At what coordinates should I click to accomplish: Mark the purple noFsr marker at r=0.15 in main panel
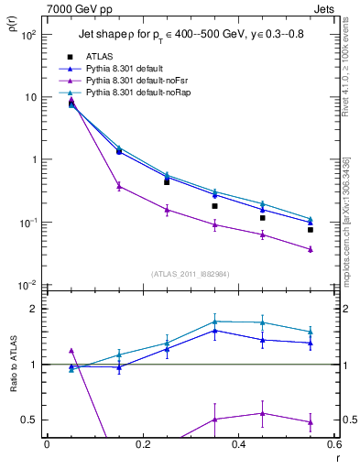click(x=118, y=186)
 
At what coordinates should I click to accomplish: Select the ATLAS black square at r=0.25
click(x=167, y=182)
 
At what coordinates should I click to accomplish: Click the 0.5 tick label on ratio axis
click(x=32, y=420)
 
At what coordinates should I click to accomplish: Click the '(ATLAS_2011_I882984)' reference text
click(x=191, y=275)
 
